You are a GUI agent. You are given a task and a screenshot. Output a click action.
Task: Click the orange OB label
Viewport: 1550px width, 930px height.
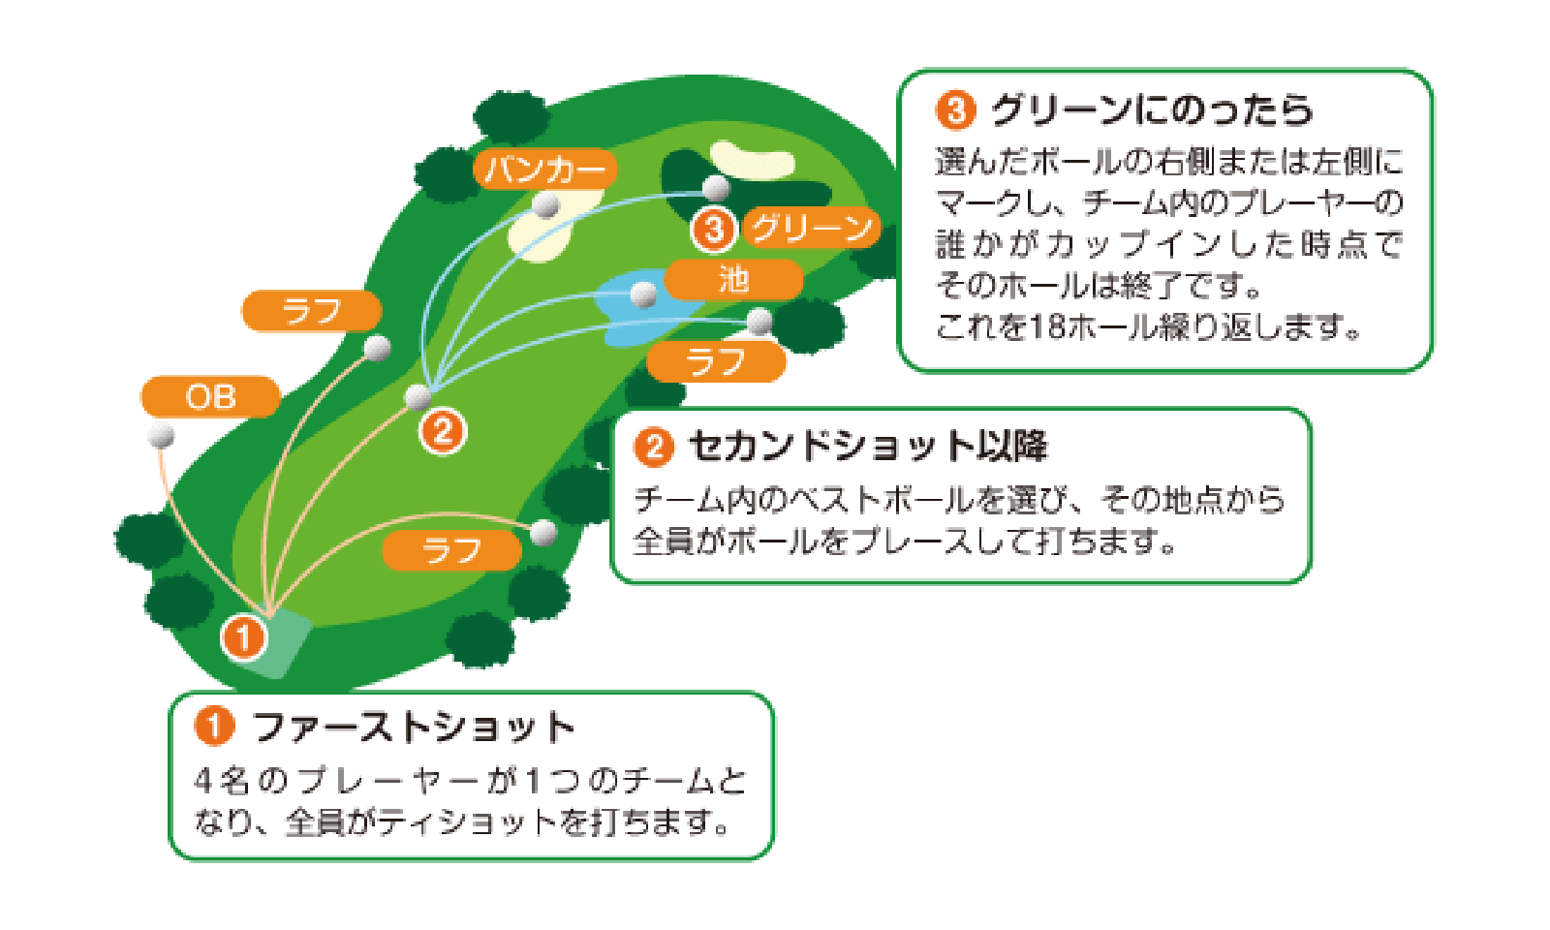210,397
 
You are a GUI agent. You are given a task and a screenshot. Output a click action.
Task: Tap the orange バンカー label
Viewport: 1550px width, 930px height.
544,170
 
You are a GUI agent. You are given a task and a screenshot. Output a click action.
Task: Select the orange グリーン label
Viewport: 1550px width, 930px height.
812,228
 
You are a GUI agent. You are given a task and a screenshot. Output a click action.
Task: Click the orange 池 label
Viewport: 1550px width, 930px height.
733,280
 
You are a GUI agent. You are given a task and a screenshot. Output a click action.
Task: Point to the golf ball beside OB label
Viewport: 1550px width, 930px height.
162,435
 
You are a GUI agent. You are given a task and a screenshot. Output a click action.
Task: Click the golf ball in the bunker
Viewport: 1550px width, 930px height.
547,204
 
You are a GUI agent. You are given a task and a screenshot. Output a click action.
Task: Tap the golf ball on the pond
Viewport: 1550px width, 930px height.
643,294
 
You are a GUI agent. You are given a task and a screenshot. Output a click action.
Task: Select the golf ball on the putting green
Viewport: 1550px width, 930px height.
716,187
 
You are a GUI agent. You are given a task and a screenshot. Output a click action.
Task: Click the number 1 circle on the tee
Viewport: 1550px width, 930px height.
243,637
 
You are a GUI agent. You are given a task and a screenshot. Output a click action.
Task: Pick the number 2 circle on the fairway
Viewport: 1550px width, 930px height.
443,430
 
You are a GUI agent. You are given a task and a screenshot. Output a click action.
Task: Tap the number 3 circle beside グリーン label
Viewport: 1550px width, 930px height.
714,229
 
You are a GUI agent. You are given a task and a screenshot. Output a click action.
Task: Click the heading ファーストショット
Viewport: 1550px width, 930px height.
414,728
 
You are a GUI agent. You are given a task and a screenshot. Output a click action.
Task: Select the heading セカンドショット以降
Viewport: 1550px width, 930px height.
867,447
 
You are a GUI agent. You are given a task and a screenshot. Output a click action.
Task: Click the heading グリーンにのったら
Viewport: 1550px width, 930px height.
1151,110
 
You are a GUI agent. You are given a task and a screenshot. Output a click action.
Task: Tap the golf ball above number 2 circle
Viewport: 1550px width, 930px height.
418,396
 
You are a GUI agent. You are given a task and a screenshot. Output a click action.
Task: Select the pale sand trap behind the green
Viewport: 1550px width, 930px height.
752,160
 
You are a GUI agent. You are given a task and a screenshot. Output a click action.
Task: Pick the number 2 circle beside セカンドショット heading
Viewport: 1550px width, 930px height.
654,447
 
